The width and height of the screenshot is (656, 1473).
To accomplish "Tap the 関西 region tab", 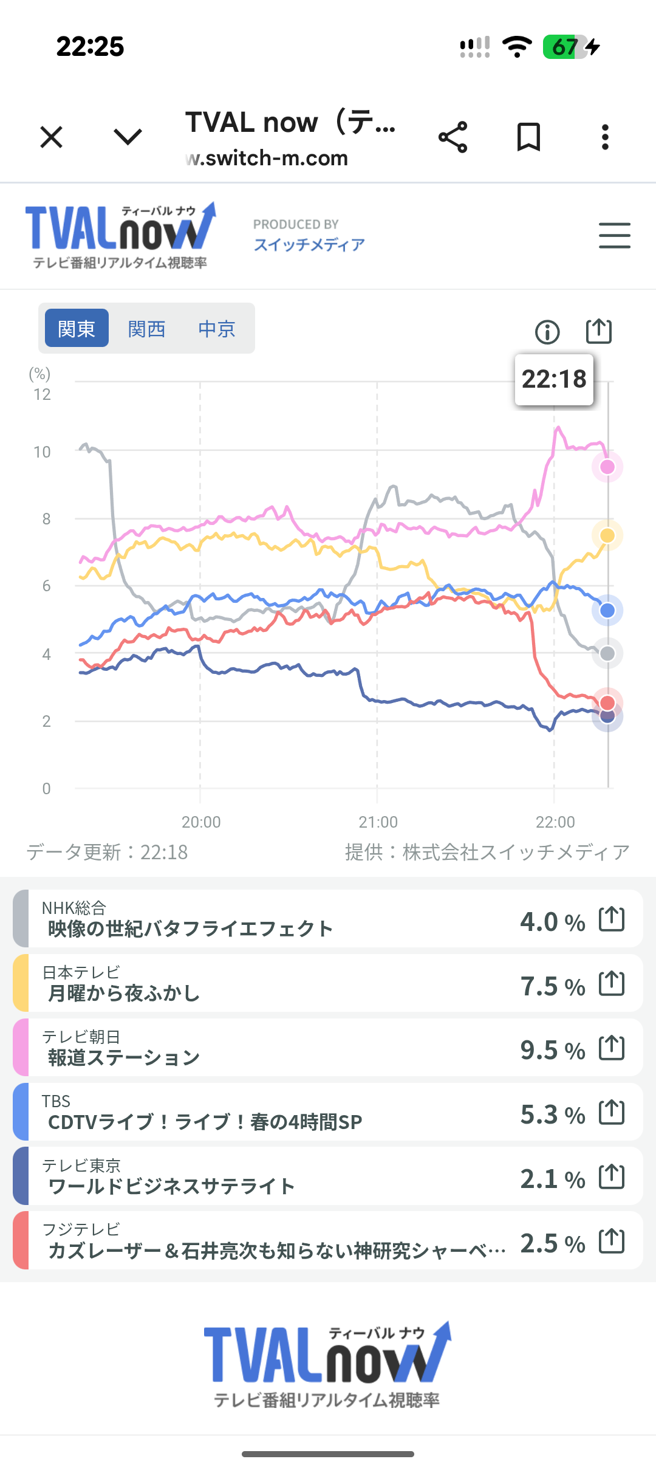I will pos(146,329).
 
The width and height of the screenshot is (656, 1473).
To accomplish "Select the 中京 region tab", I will pos(216,329).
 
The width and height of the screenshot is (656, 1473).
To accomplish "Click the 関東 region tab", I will pos(77,329).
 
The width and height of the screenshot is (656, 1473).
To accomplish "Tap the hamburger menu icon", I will pos(614,235).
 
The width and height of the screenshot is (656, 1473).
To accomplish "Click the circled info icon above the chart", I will pos(547,332).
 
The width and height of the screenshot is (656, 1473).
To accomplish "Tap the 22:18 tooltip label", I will pos(554,379).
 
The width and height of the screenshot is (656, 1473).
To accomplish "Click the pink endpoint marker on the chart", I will pos(607,467).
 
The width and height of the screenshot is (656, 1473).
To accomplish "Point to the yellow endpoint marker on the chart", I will pos(607,535).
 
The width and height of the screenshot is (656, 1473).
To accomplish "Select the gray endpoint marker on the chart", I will pos(607,654).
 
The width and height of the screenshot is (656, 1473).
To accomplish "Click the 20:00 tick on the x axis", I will pos(201,822).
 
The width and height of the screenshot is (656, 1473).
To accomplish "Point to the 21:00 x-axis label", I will pos(378,822).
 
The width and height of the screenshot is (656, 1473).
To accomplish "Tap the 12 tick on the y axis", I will pos(43,394).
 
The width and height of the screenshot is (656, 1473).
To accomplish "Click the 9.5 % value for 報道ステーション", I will pos(552,1050).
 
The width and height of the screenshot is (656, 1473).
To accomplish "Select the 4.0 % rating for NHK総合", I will pos(552,922).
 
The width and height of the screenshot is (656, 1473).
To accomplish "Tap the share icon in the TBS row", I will pos(612,1112).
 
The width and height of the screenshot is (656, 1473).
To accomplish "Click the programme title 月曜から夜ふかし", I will pos(124,993).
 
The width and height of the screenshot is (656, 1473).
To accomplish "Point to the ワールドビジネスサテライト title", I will pos(171,1186).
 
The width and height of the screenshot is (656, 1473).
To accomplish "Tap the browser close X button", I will pos(52,137).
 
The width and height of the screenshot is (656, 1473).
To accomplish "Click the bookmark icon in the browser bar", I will pos(528,137).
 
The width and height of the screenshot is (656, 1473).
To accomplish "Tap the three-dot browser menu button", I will pos(605,137).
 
